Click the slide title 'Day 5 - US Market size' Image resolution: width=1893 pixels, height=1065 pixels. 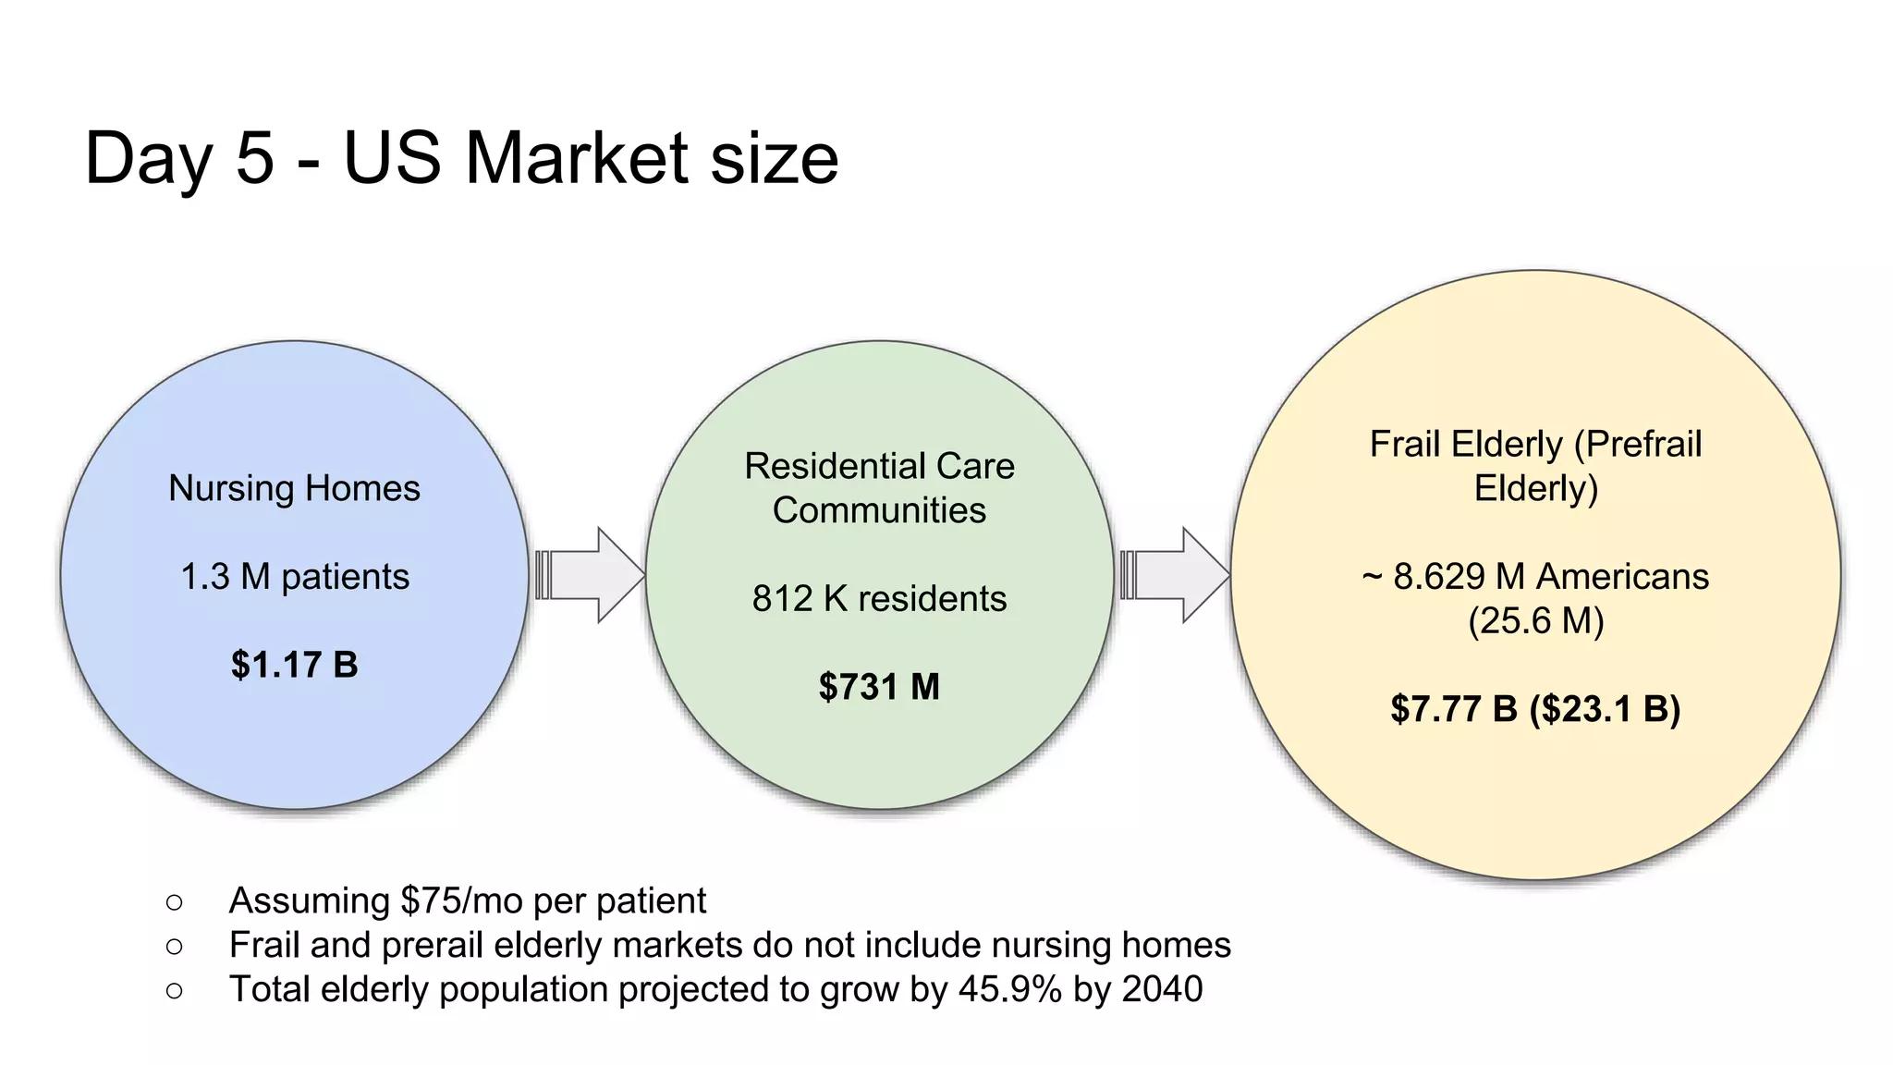[x=461, y=158]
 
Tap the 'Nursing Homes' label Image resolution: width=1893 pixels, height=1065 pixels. [x=294, y=488]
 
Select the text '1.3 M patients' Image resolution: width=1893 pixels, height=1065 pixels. [x=294, y=577]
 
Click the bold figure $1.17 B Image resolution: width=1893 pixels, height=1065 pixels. [x=294, y=665]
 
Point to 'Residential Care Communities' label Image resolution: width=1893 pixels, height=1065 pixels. [x=879, y=488]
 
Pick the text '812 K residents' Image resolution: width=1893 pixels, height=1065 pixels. [x=879, y=599]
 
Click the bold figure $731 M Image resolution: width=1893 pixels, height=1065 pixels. [x=879, y=687]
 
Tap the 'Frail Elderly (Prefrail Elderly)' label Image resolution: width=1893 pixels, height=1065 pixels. [x=1535, y=466]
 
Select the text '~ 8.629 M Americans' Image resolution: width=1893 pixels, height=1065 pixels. [x=1535, y=577]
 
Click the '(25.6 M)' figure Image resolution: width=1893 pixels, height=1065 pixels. [x=1535, y=621]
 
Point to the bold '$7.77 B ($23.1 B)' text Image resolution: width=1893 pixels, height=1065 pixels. [x=1535, y=709]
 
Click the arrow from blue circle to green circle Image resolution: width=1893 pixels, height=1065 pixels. [x=590, y=575]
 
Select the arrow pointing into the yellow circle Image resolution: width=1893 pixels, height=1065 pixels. [x=1174, y=575]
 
